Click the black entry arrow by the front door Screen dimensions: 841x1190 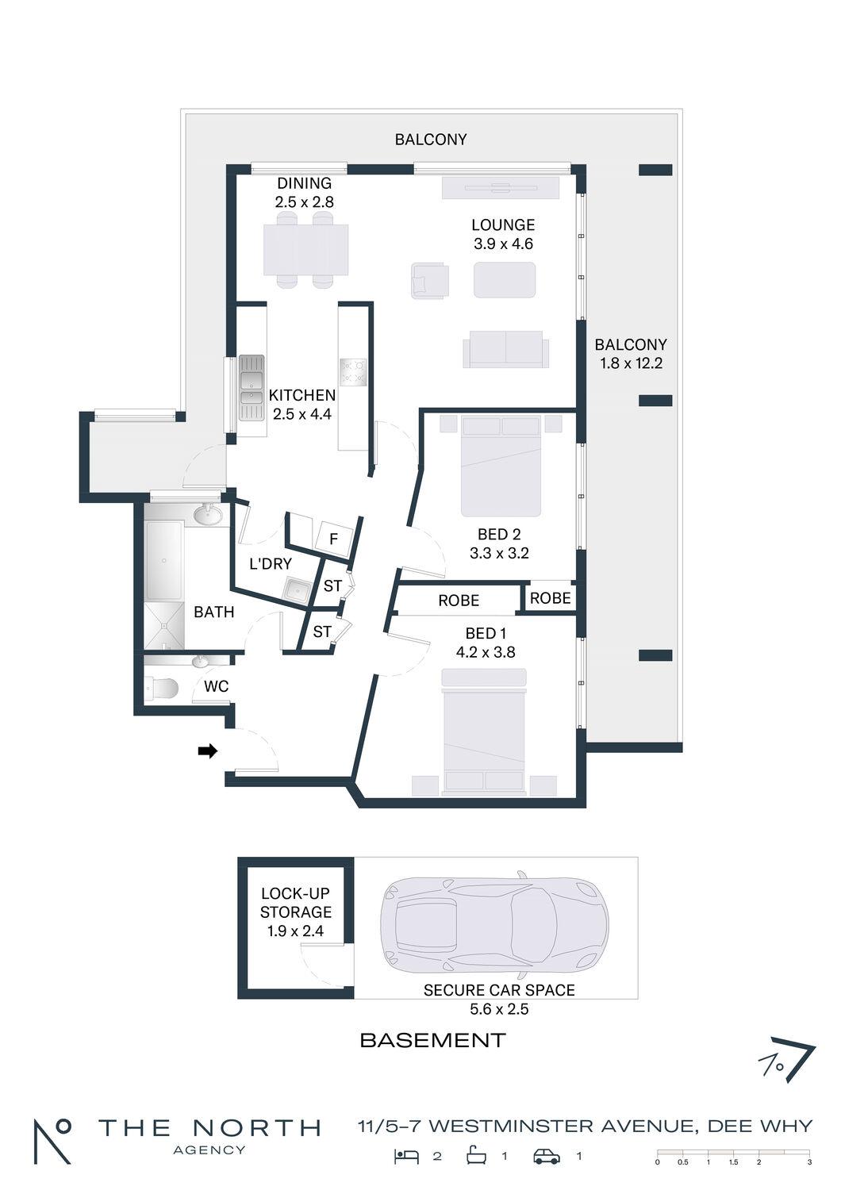click(x=208, y=750)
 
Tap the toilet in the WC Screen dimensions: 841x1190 click(x=160, y=688)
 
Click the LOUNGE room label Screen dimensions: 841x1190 click(x=502, y=225)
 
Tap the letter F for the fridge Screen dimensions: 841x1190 click(x=334, y=539)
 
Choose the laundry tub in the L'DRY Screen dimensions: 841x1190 click(x=298, y=589)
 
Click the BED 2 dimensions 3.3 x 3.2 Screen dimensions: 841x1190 click(x=499, y=553)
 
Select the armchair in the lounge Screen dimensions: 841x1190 click(x=430, y=281)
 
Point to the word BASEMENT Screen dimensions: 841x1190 click(x=432, y=1040)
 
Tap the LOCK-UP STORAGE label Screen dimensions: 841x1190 click(x=295, y=903)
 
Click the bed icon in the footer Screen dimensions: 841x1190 click(x=406, y=1156)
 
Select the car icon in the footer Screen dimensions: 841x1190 click(x=547, y=1157)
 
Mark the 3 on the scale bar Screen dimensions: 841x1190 click(x=809, y=1162)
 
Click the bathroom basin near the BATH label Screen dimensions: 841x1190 click(x=208, y=515)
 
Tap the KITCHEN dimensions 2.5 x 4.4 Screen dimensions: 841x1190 click(x=301, y=414)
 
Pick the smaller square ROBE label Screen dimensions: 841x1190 click(x=550, y=598)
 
